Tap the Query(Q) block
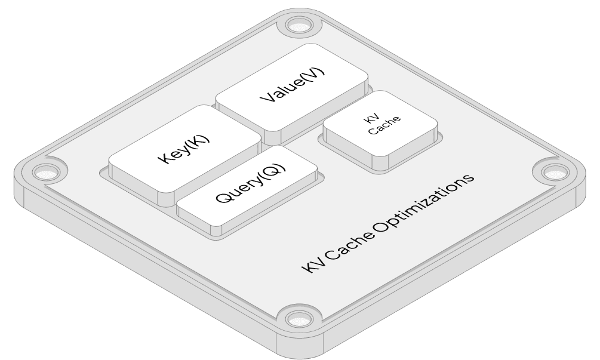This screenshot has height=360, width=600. point(248,185)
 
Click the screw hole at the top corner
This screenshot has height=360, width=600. point(297,25)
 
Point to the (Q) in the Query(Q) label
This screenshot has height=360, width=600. point(272,172)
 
